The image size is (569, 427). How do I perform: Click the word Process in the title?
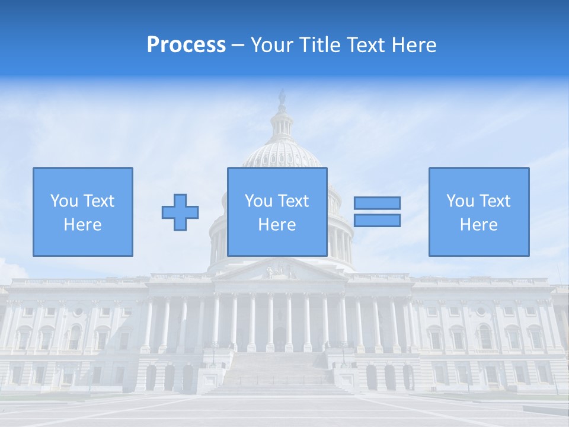186,45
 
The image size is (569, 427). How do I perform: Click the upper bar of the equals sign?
377,203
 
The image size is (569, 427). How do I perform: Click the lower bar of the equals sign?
377,220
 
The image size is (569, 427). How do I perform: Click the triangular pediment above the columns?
282,270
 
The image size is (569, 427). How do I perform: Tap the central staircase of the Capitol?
279,374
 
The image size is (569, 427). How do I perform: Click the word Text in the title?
366,45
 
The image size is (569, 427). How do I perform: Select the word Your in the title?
271,45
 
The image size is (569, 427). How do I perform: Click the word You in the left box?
63,201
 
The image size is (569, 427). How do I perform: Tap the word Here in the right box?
479,225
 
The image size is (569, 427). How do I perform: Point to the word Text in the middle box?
293,201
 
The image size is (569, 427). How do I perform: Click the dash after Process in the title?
238,45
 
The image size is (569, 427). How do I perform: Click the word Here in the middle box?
277,225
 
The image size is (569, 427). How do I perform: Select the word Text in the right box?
495,201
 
